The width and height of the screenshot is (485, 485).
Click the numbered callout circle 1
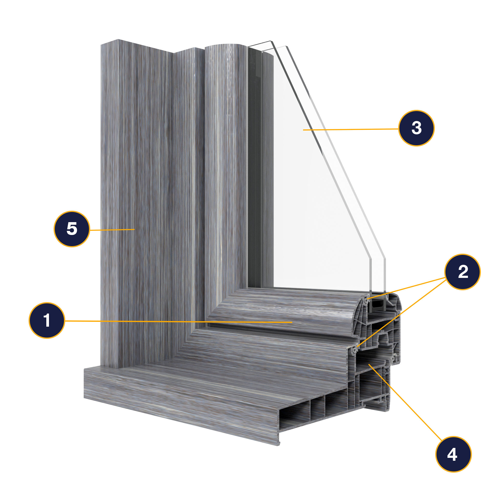click(47, 321)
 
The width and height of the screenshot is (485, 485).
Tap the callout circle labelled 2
click(463, 272)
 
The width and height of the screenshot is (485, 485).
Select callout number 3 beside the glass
click(416, 128)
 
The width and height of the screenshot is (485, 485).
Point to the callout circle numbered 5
click(72, 229)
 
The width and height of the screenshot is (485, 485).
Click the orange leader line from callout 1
click(178, 321)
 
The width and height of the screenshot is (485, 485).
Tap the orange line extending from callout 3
click(351, 129)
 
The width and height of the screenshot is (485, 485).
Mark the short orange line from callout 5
click(112, 230)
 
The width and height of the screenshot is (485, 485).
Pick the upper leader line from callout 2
click(406, 288)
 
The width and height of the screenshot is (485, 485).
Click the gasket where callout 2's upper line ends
click(367, 299)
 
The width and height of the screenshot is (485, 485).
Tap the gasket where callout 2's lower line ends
click(355, 349)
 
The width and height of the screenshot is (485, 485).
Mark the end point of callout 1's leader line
click(292, 322)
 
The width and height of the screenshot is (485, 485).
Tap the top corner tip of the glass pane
click(271, 41)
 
